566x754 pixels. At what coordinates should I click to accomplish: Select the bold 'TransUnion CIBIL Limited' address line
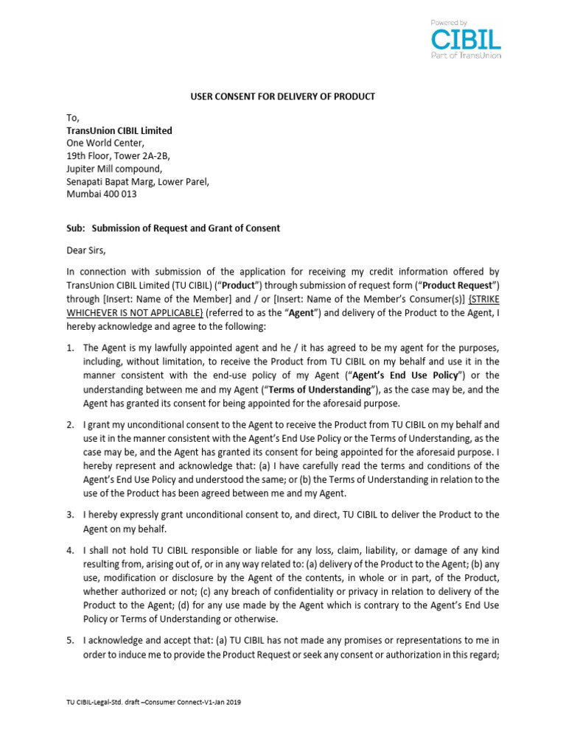coord(119,130)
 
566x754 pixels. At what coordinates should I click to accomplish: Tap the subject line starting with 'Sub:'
coord(173,228)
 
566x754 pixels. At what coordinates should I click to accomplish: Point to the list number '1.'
coord(71,348)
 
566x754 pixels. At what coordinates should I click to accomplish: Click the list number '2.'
coord(71,425)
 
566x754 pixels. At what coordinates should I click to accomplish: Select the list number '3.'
coord(71,515)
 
